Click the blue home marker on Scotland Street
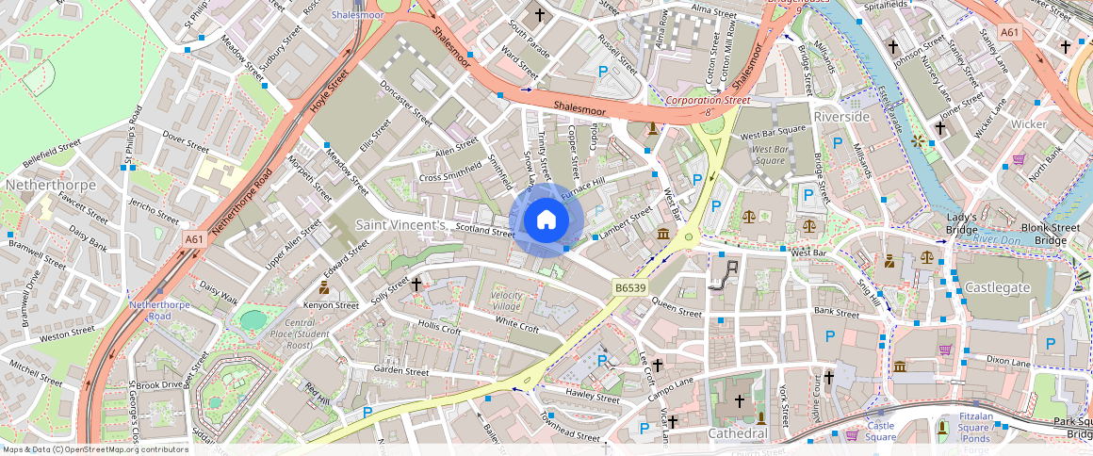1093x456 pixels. [546, 220]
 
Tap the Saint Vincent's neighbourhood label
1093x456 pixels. [400, 226]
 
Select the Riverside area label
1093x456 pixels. [841, 116]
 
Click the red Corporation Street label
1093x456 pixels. [708, 99]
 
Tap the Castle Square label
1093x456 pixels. [881, 432]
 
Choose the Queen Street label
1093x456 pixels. [677, 310]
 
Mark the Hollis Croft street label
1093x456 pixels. [440, 328]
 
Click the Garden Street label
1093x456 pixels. [400, 371]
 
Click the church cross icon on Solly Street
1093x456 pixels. [416, 283]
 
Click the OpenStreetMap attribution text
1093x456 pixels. [94, 449]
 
